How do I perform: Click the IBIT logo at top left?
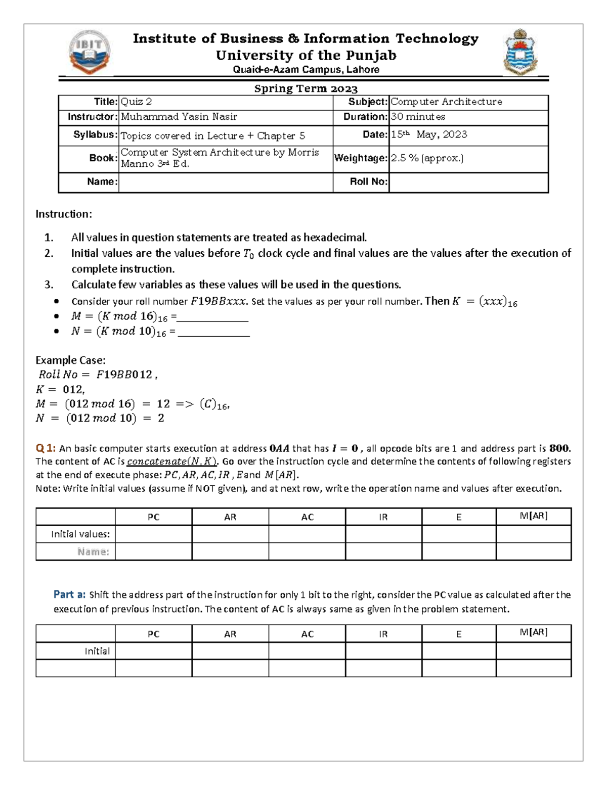tap(90, 52)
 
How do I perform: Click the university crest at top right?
tap(520, 52)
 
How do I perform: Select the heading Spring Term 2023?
tap(306, 89)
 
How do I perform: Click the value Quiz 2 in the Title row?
tap(136, 102)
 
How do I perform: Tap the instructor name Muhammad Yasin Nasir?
tap(179, 117)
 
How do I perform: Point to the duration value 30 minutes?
tap(418, 117)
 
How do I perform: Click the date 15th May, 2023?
tap(429, 134)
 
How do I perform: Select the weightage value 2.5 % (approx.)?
tap(427, 158)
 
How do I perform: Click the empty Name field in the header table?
tap(225, 182)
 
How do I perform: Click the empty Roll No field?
tap(468, 182)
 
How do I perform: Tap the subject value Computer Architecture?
tap(446, 102)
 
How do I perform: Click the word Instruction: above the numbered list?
tap(64, 214)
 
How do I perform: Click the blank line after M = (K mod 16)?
tap(212, 319)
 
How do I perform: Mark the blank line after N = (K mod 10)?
tap(213, 334)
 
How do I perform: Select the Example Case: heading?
tap(70, 360)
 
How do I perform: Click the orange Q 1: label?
tap(46, 448)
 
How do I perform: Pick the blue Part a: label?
tap(69, 594)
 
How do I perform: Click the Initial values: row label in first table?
tap(80, 534)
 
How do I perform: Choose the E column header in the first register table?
tap(459, 517)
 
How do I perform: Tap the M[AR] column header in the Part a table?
tap(534, 632)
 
